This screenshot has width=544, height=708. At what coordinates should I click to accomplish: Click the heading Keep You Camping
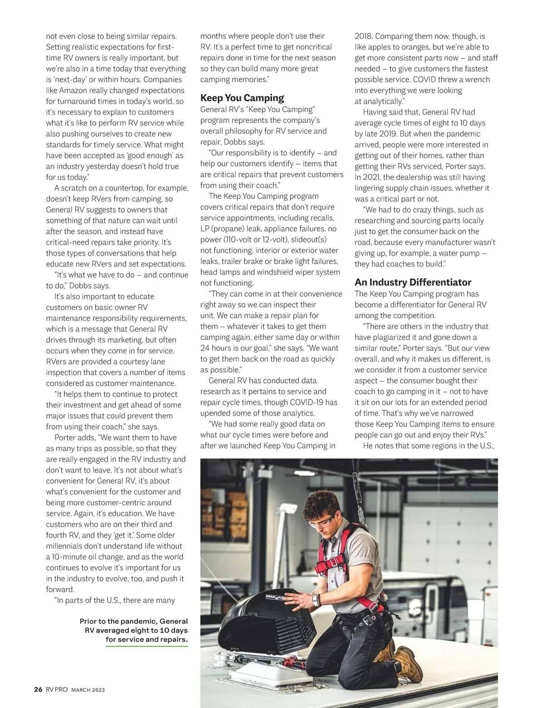click(x=242, y=98)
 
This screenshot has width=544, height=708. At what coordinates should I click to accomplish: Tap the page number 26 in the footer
click(x=39, y=689)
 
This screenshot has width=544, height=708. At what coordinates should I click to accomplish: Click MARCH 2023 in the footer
click(x=88, y=690)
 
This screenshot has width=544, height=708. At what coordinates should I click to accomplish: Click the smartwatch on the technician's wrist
click(x=315, y=600)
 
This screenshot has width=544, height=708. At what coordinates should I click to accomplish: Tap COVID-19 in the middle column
click(x=308, y=402)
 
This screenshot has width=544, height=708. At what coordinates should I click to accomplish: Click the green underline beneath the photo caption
click(x=146, y=646)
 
